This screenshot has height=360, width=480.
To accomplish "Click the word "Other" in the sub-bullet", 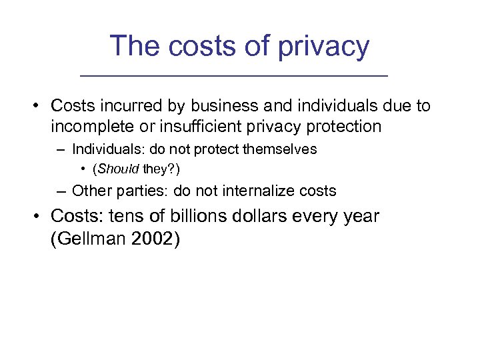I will click(91, 191).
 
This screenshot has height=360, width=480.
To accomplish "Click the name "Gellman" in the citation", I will click(89, 238).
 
